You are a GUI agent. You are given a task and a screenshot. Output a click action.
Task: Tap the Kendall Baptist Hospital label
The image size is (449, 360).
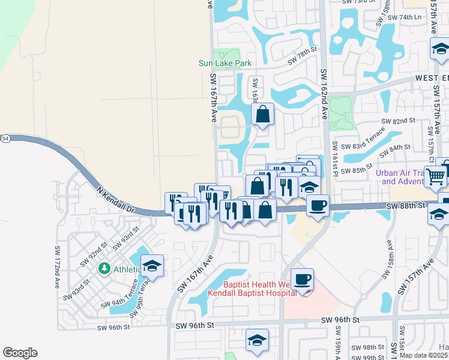pyautogui.click(x=252, y=293)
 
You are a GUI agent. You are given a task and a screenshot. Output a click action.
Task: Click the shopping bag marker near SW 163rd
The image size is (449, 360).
pyautogui.click(x=263, y=113)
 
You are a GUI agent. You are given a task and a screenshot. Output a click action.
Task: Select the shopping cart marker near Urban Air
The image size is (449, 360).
pyautogui.click(x=436, y=176)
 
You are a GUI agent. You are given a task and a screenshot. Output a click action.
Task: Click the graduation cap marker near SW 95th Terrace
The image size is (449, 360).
pyautogui.click(x=152, y=266)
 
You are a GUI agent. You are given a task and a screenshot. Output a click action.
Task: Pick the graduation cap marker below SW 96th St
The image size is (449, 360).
pyautogui.click(x=257, y=341)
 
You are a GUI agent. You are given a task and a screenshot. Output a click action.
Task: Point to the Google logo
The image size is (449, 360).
pyautogui.click(x=20, y=353)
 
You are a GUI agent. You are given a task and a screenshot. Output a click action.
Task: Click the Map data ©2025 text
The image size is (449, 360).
pyautogui.click(x=423, y=355)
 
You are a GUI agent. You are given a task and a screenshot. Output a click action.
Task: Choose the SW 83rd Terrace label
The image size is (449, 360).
pyautogui.click(x=362, y=145)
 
